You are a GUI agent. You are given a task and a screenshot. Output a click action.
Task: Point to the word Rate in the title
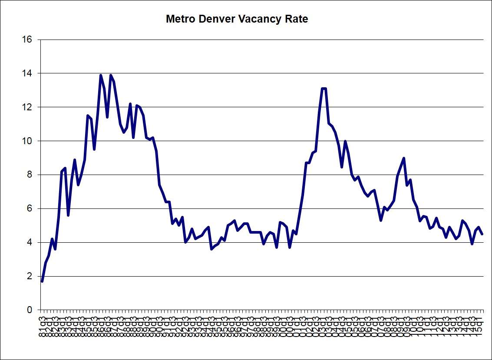[297, 20]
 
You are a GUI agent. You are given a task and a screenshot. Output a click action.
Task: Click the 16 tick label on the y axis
[27, 40]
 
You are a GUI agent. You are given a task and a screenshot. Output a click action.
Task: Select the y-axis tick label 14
[27, 73]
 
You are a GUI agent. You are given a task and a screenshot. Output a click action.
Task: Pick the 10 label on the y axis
[27, 141]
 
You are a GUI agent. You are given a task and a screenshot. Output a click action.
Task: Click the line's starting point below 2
[42, 281]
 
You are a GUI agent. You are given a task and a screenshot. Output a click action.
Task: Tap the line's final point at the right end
[482, 234]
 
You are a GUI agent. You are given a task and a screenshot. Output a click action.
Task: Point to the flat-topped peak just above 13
[324, 89]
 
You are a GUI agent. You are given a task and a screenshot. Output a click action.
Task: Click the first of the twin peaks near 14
[101, 75]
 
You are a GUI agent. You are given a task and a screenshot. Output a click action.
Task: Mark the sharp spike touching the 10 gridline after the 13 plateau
[345, 141]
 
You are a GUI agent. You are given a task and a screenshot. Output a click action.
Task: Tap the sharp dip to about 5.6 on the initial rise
[68, 215]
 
